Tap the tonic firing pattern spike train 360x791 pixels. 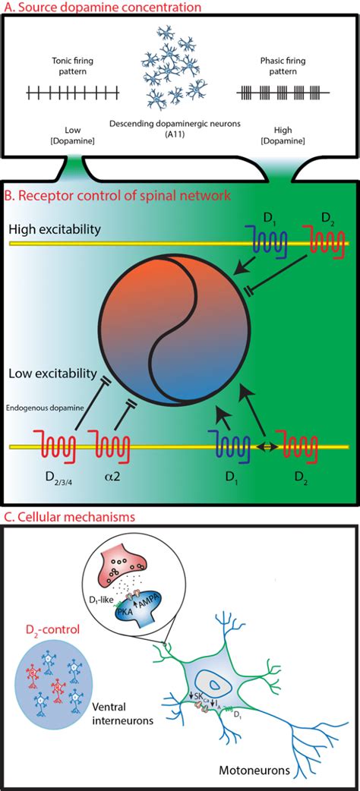point(73,93)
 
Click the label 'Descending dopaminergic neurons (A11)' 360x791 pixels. point(180,130)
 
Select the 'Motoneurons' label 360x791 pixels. point(289,771)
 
